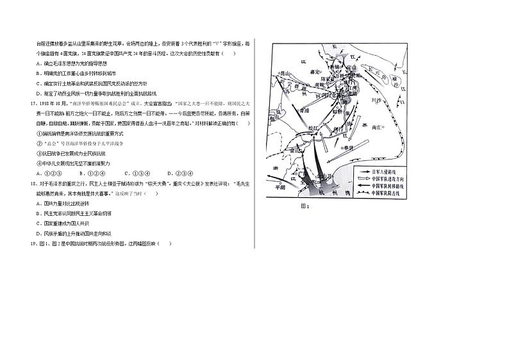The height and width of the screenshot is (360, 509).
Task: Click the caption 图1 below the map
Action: click(305, 206)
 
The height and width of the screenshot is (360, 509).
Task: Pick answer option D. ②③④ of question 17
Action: click(179, 173)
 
